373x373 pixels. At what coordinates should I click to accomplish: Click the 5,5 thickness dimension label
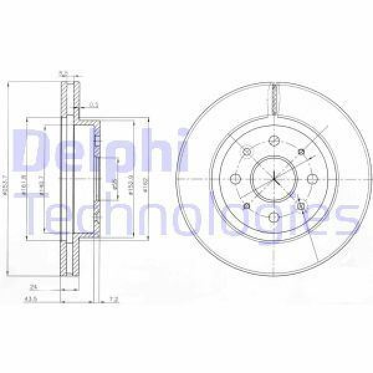click(62, 75)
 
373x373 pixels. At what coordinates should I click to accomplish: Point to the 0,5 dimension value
click(94, 104)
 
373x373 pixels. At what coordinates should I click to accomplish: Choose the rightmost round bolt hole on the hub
click(312, 179)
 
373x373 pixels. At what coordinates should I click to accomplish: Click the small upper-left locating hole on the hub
click(247, 152)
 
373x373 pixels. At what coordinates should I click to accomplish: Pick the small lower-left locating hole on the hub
click(247, 206)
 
